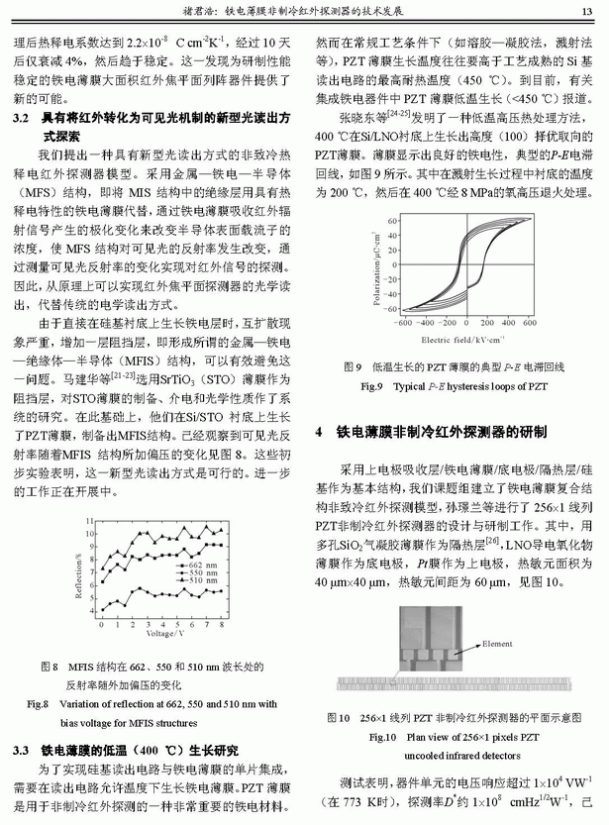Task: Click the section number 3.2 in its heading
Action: pos(21,117)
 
